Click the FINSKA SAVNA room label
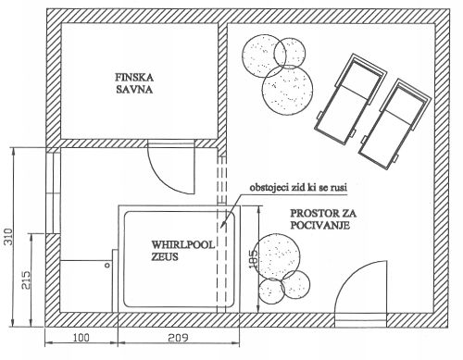click(x=134, y=83)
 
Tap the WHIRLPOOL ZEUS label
click(x=182, y=251)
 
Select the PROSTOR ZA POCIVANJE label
click(x=323, y=219)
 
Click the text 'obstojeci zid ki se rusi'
click(x=298, y=187)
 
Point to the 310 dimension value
click(x=9, y=237)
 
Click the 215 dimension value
click(x=27, y=279)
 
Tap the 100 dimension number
click(x=81, y=338)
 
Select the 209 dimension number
click(x=178, y=338)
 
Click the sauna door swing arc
click(x=162, y=180)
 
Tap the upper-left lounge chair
click(x=350, y=99)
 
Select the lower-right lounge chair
click(x=394, y=124)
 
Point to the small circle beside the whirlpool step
click(x=107, y=265)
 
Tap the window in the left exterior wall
click(x=53, y=190)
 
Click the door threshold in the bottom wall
click(x=361, y=320)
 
